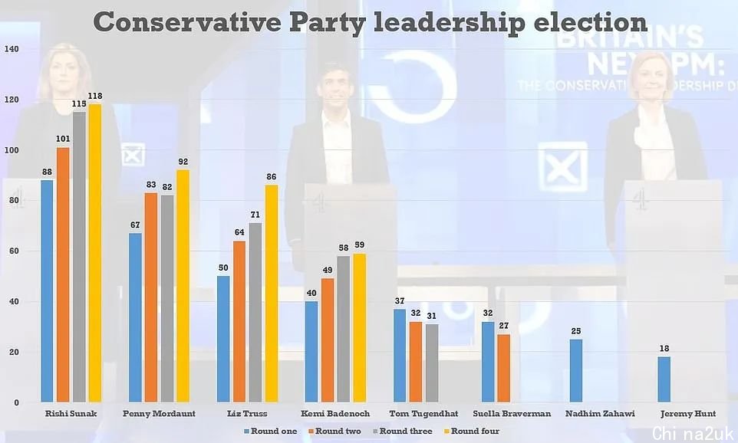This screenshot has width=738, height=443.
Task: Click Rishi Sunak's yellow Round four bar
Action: [95, 253]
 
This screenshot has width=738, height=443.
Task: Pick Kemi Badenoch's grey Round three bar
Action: [342, 329]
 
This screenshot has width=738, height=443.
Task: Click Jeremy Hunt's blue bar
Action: [664, 379]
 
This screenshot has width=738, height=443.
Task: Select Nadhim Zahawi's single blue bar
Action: [576, 371]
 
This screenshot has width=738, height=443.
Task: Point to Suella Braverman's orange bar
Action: [503, 368]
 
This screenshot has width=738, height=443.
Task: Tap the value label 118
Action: [95, 97]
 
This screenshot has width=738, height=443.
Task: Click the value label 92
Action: [183, 162]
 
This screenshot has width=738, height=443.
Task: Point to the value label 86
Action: [272, 177]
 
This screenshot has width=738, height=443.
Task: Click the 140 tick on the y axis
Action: [12, 49]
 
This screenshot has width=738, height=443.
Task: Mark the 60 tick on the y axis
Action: [14, 251]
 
